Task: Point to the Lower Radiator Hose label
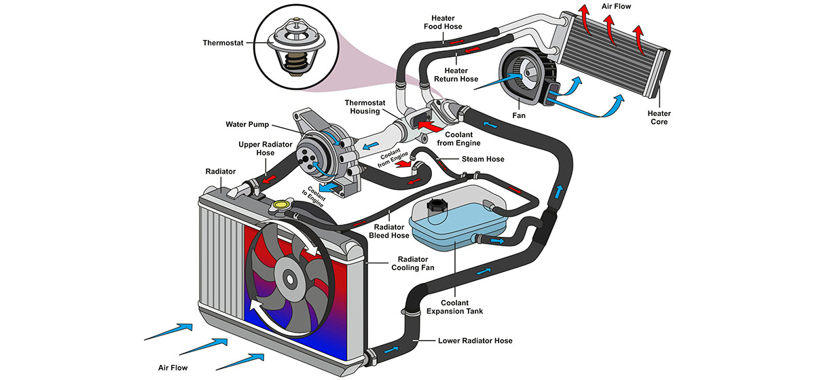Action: click(x=475, y=341)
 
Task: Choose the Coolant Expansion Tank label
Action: click(x=453, y=307)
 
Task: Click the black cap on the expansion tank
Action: click(x=435, y=206)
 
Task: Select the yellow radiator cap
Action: click(x=280, y=204)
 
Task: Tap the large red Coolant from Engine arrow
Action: click(x=429, y=126)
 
